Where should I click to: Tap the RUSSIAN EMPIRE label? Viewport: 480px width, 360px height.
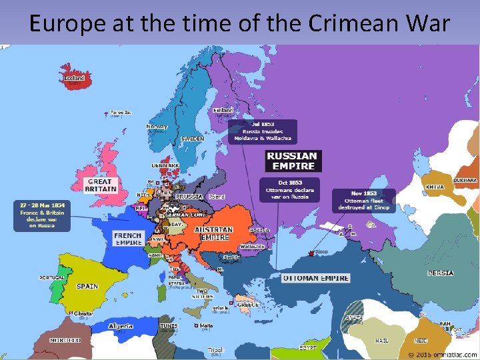pos(291,161)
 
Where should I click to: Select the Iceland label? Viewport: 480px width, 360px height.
pos(74,79)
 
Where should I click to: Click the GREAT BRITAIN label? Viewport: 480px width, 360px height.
pos(100,185)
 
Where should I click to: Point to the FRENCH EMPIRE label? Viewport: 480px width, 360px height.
pos(127,239)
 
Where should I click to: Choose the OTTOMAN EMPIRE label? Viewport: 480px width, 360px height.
pos(315,278)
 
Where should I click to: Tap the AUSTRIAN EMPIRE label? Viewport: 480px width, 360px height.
pos(213,233)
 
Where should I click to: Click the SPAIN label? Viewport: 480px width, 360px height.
pos(87,287)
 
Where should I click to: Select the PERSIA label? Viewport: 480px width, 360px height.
pos(441,273)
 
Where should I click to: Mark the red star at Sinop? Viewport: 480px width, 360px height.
pos(310,253)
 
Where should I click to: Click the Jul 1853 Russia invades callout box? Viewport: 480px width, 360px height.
pos(262,131)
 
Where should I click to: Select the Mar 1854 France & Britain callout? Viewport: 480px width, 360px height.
pos(41,215)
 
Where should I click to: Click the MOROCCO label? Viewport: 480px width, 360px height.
pos(65,340)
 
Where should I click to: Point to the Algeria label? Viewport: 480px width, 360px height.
pos(121,327)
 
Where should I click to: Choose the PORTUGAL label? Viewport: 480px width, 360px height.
pos(52,277)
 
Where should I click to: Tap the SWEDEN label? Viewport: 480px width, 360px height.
pos(193,139)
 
